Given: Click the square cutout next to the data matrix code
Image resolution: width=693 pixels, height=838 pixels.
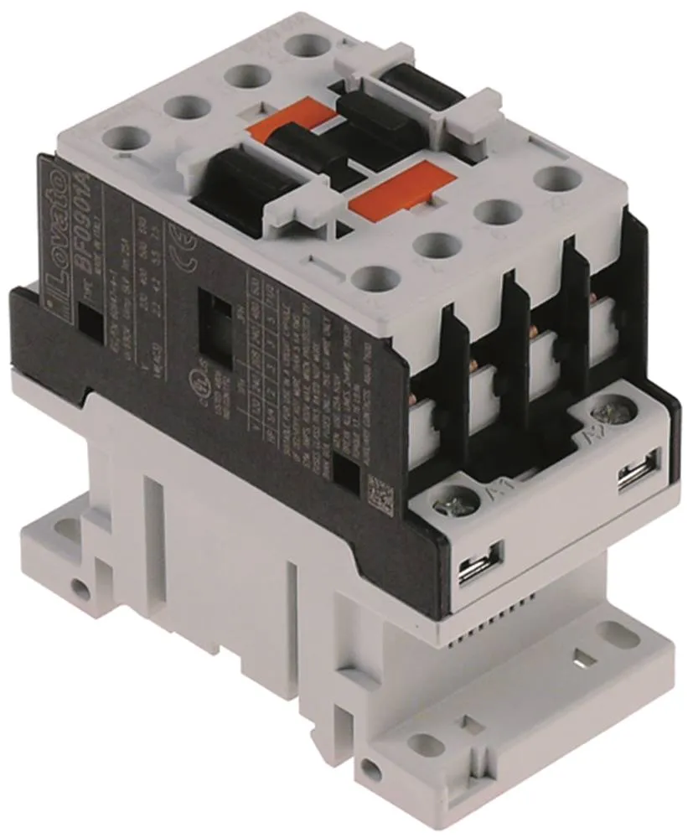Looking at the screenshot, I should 345,470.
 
